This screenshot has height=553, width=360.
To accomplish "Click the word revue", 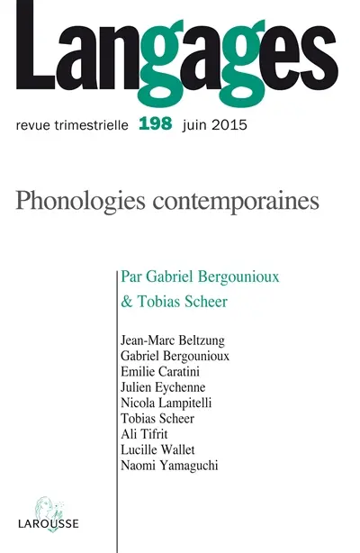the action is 36,123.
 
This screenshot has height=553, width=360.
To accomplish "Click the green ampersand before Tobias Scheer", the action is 126,302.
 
